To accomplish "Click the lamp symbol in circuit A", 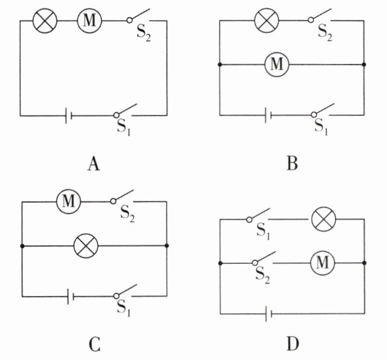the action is (45, 21).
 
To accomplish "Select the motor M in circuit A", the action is (89, 21).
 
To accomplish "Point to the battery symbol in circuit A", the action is (69, 115).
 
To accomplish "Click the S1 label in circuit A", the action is (123, 127).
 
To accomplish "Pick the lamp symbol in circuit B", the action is (267, 20).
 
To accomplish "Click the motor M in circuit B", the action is (277, 64).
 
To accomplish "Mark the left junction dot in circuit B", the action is (220, 65).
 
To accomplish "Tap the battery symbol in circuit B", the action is (268, 115).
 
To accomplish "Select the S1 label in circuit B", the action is (321, 127).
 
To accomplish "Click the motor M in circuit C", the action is (69, 201).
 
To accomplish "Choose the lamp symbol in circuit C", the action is (86, 246).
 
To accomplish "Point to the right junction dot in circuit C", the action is (166, 245).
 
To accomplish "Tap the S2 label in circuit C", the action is (127, 214).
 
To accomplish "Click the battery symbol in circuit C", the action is (71, 296).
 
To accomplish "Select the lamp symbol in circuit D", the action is (324, 219).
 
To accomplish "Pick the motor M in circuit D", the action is (322, 263).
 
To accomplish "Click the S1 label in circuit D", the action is (263, 231).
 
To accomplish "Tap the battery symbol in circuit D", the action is (268, 314).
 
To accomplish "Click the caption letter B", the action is (292, 163).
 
